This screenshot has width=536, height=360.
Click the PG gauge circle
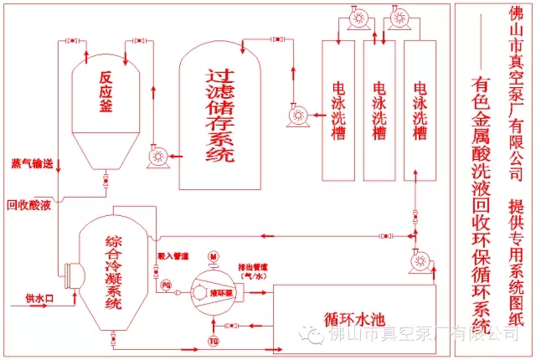[x=166, y=286]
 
